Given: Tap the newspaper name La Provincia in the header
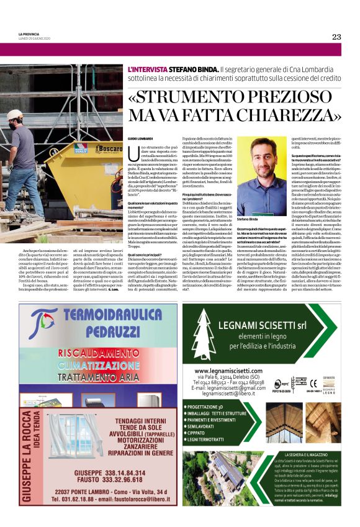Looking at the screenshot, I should pyautogui.click(x=29, y=34).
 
